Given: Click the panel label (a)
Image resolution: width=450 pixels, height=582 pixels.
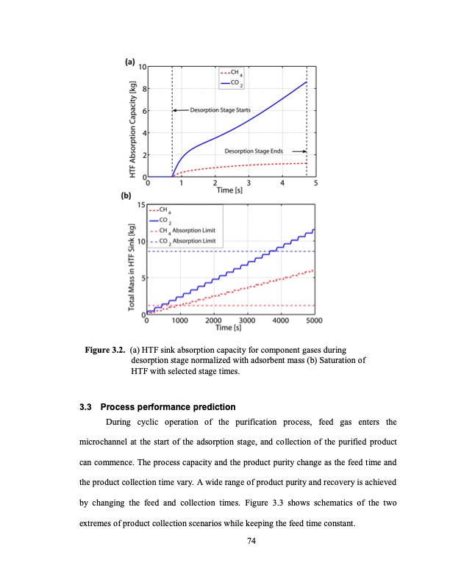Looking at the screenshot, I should point(131,62).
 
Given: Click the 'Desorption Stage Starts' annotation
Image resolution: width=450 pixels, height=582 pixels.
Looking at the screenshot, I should point(220,110).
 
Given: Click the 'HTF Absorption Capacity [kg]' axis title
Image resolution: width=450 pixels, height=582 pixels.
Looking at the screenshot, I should point(132,122).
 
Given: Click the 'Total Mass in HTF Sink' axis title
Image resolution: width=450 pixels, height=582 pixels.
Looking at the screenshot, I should point(132,259).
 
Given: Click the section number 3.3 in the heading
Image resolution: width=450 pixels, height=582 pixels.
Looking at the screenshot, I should point(87,406).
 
